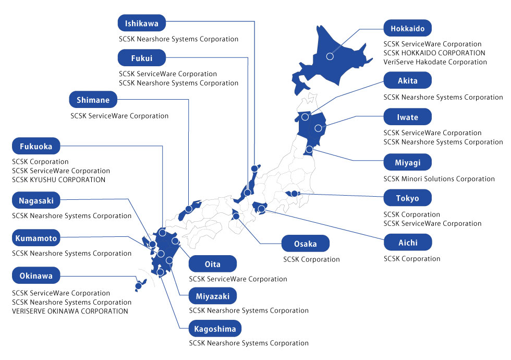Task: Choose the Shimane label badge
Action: click(x=93, y=99)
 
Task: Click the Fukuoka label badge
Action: click(x=36, y=147)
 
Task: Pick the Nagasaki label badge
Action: click(x=36, y=200)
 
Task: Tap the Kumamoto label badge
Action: click(x=36, y=238)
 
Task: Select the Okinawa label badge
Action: click(x=36, y=275)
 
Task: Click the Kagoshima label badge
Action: click(x=215, y=329)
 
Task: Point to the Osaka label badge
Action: click(x=306, y=244)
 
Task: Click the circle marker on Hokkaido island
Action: click(x=330, y=56)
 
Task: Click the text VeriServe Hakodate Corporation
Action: click(x=435, y=62)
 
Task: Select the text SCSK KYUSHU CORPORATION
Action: click(x=58, y=180)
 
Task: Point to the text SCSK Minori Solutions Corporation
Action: click(x=439, y=179)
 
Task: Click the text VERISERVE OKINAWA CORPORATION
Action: click(x=70, y=311)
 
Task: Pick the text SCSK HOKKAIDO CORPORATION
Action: click(x=434, y=53)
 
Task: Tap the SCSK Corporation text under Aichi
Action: click(x=412, y=259)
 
